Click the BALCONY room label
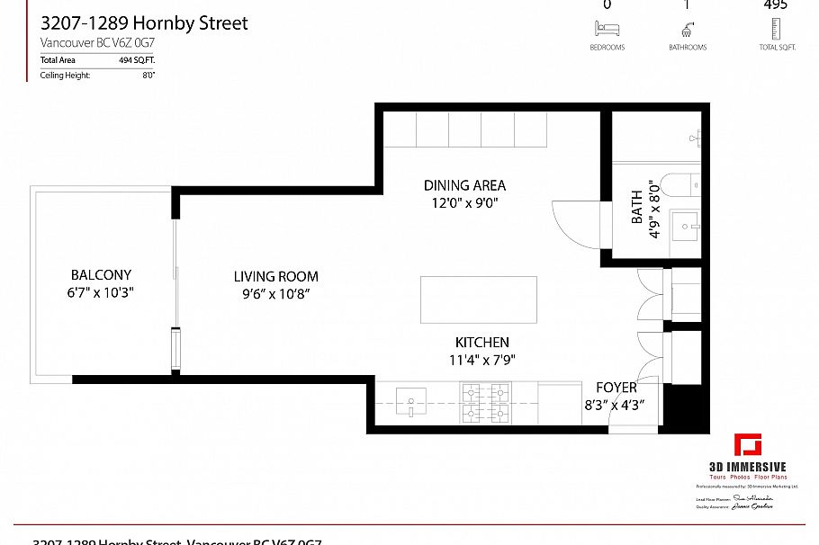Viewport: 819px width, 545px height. (101, 275)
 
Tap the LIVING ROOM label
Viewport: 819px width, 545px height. (275, 277)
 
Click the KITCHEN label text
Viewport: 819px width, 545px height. (481, 343)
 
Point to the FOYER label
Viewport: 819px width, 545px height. (616, 388)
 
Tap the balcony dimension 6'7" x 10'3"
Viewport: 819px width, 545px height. (102, 292)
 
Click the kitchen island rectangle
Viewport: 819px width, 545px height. (478, 299)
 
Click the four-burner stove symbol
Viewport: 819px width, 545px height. (485, 402)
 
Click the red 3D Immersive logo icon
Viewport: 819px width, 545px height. (747, 446)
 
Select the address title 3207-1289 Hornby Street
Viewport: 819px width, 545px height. (144, 23)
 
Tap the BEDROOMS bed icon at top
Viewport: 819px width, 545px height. (607, 30)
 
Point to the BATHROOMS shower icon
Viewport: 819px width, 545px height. (687, 30)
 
